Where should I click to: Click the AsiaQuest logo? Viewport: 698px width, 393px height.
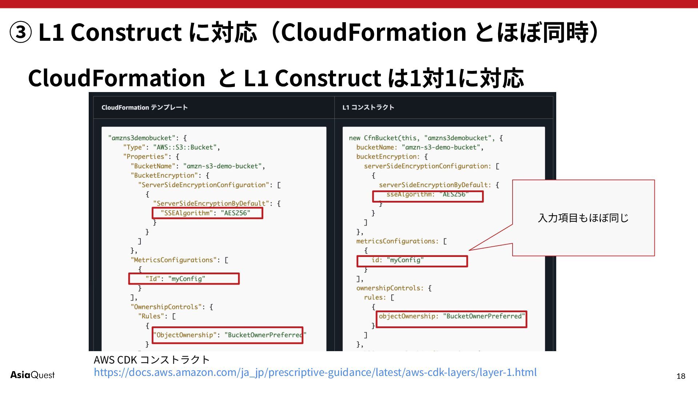pyautogui.click(x=32, y=375)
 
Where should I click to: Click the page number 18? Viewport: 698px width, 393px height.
pyautogui.click(x=681, y=376)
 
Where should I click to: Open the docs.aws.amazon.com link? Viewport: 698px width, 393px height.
pyautogui.click(x=315, y=372)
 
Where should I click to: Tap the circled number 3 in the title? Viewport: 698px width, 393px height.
pyautogui.click(x=20, y=32)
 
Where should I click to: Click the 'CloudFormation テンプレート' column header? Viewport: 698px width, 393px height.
pyautogui.click(x=144, y=107)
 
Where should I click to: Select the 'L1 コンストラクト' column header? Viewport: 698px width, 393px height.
pyautogui.click(x=368, y=107)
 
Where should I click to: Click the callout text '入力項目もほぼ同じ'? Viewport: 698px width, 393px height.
pyautogui.click(x=583, y=218)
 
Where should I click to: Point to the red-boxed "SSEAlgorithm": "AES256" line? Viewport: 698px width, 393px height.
pyautogui.click(x=207, y=213)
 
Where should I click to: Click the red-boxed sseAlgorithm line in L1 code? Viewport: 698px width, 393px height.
pyautogui.click(x=428, y=195)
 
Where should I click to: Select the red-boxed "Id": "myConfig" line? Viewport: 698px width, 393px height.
pyautogui.click(x=184, y=279)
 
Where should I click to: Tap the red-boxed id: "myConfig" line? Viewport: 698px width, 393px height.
pyautogui.click(x=412, y=261)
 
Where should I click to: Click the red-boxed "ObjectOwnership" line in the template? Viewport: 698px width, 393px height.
pyautogui.click(x=228, y=335)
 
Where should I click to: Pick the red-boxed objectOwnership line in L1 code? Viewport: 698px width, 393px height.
pyautogui.click(x=452, y=317)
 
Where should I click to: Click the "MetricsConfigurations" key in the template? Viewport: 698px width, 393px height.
pyautogui.click(x=173, y=260)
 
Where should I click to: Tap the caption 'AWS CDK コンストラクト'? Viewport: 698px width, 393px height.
pyautogui.click(x=152, y=360)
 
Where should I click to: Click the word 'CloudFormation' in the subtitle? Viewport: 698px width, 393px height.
pyautogui.click(x=116, y=78)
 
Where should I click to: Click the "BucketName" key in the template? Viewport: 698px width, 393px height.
pyautogui.click(x=153, y=166)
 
